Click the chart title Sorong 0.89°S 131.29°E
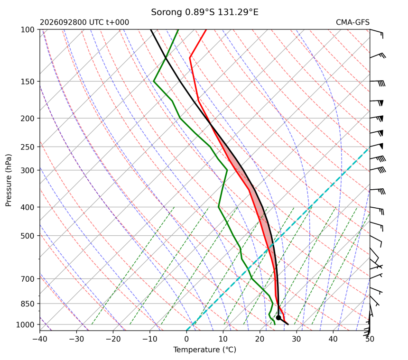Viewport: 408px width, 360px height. click(x=204, y=12)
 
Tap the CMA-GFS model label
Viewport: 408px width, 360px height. click(x=352, y=22)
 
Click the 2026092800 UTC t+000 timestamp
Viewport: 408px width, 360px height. click(x=84, y=22)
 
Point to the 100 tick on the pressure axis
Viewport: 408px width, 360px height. click(x=28, y=30)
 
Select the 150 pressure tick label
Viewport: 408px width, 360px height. click(x=28, y=82)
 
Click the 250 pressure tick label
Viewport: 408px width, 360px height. click(x=28, y=147)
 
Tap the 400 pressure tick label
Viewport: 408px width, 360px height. click(x=28, y=207)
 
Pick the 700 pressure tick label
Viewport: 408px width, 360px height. click(x=28, y=279)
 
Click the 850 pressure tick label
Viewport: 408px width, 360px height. click(x=28, y=304)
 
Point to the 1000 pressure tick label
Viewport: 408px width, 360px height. click(x=25, y=324)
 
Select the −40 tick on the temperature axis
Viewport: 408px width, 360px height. click(x=40, y=339)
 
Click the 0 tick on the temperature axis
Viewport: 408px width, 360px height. click(x=186, y=339)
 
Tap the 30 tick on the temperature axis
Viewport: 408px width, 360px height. click(x=297, y=339)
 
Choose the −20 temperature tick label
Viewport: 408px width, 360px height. click(x=113, y=339)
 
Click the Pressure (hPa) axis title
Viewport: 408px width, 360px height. click(x=9, y=180)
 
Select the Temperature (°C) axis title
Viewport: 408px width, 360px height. click(x=205, y=350)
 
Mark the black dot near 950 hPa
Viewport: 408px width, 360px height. click(x=278, y=318)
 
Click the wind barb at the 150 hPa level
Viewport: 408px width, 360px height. click(x=378, y=83)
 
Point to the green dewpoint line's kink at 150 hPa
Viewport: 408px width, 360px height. click(x=154, y=82)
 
